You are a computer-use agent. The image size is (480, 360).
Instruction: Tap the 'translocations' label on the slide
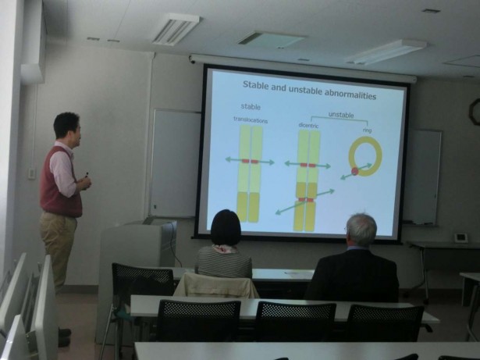[251, 119]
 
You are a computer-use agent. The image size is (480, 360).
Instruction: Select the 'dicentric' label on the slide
[308, 125]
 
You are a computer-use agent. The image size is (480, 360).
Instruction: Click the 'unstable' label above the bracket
[341, 115]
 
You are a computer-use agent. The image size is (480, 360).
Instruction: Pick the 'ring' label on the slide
[367, 130]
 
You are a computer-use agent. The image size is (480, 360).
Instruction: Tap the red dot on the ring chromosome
[355, 171]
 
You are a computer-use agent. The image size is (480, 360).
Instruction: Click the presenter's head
[67, 127]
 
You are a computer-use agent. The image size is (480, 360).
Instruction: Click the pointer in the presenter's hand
[87, 175]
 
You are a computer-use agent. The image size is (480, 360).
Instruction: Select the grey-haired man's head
[361, 230]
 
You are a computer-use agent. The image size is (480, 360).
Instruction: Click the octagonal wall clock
[475, 112]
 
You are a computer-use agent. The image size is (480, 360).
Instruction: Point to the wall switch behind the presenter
[31, 173]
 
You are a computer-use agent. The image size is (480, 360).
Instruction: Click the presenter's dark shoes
[64, 337]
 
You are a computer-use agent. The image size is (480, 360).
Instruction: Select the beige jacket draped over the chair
[216, 286]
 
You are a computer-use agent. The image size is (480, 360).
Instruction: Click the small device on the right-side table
[460, 237]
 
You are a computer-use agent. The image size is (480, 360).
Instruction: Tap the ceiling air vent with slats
[176, 29]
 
